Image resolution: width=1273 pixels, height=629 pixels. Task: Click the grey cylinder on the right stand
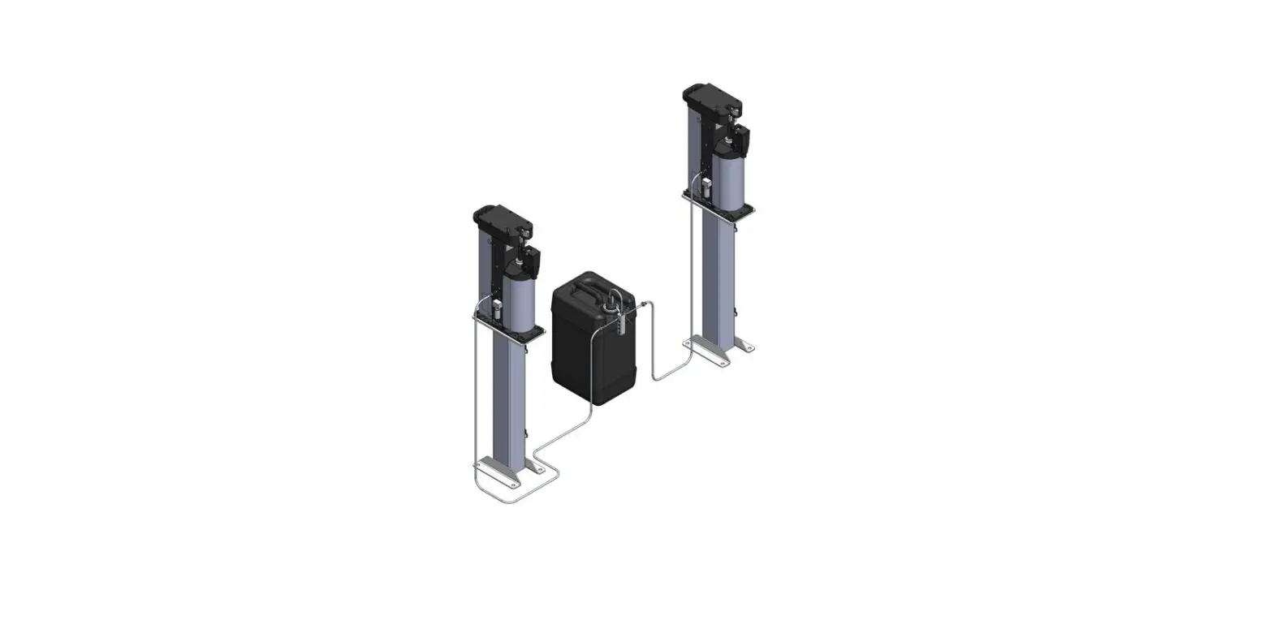[x=733, y=178]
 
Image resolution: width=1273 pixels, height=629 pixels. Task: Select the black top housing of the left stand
[x=501, y=220]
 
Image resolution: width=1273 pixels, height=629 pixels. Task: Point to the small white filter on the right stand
[x=706, y=187]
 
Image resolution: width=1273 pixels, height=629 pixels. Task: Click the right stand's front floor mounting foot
[x=706, y=352]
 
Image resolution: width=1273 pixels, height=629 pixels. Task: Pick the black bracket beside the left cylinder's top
[x=532, y=259]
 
